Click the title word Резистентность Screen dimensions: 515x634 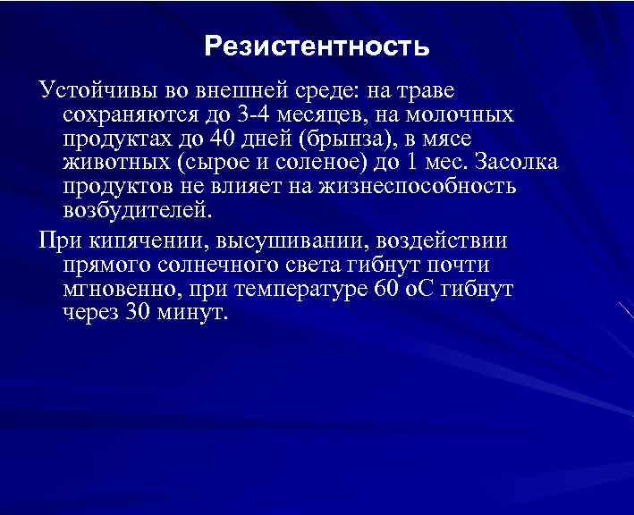click(x=317, y=45)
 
